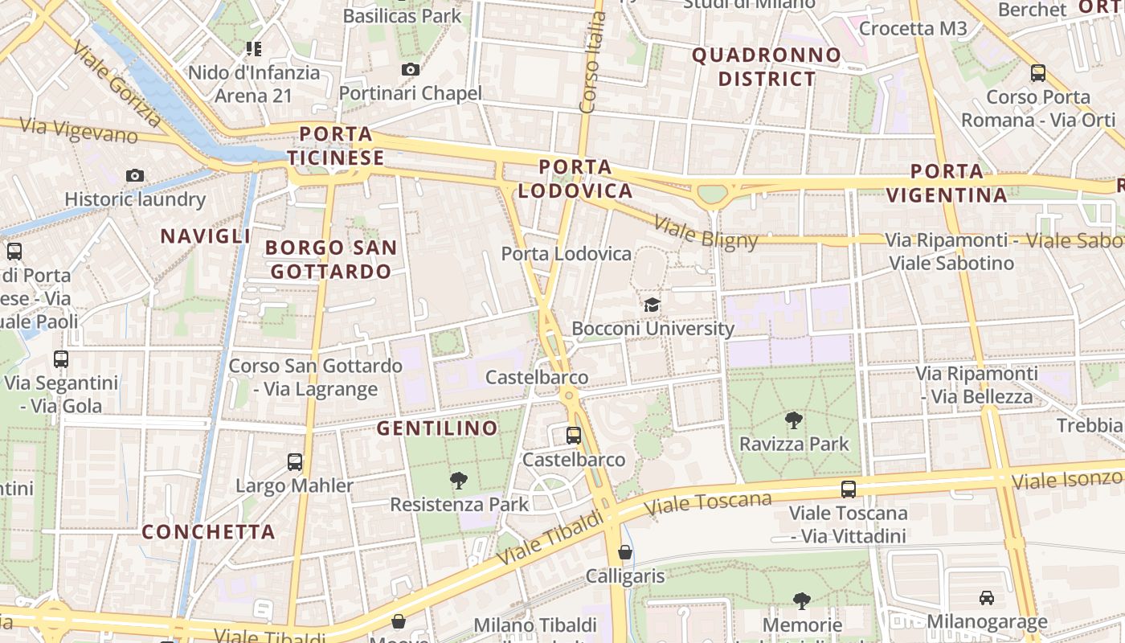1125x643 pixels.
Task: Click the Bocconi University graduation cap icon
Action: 652,305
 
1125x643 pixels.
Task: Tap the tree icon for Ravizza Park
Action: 793,420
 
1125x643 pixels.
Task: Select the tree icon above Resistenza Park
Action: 459,481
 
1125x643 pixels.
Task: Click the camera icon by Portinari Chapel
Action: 411,70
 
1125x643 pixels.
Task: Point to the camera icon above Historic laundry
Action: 135,176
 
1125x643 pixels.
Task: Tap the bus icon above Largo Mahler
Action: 295,462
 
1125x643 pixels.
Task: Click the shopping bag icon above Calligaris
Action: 624,553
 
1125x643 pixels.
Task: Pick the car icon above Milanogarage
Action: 986,598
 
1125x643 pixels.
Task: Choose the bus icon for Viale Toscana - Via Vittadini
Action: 848,489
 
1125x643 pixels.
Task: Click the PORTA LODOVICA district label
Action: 575,179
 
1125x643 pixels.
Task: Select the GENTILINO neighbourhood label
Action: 438,428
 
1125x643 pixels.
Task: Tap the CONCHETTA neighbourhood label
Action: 209,532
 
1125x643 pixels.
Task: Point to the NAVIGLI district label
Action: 206,236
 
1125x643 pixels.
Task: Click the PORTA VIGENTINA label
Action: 959,183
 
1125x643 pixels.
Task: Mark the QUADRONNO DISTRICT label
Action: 767,67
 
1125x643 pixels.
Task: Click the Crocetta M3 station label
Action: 913,29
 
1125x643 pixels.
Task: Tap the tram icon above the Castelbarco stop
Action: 574,436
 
